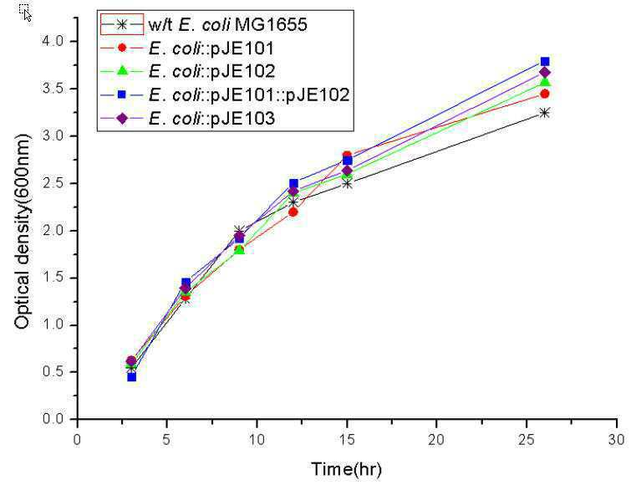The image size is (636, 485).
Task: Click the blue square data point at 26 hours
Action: pyautogui.click(x=545, y=62)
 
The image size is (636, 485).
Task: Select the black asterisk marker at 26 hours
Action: pyautogui.click(x=545, y=113)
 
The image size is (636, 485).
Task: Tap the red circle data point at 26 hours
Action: pyautogui.click(x=545, y=94)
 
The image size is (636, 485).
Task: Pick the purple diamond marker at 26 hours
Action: pyautogui.click(x=545, y=73)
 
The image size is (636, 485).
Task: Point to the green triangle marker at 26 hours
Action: pyautogui.click(x=545, y=82)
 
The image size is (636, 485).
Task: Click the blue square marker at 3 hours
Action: pyautogui.click(x=131, y=376)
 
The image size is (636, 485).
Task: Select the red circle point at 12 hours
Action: pyautogui.click(x=293, y=212)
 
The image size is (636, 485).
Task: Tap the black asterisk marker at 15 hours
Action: pyautogui.click(x=347, y=183)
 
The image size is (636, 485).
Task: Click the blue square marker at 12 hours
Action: pyautogui.click(x=293, y=183)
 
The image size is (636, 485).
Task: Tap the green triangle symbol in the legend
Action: pyautogui.click(x=122, y=71)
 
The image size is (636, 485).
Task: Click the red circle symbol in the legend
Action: pyautogui.click(x=122, y=48)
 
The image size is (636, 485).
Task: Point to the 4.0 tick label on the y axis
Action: pyautogui.click(x=53, y=41)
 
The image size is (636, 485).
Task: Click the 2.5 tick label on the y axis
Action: pyautogui.click(x=53, y=183)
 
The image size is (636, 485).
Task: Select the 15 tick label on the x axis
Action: pyautogui.click(x=347, y=440)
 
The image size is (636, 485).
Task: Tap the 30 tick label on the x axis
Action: pyautogui.click(x=617, y=440)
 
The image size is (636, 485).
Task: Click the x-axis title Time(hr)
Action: pyautogui.click(x=346, y=469)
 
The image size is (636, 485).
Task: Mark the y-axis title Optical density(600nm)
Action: pyautogui.click(x=23, y=231)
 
